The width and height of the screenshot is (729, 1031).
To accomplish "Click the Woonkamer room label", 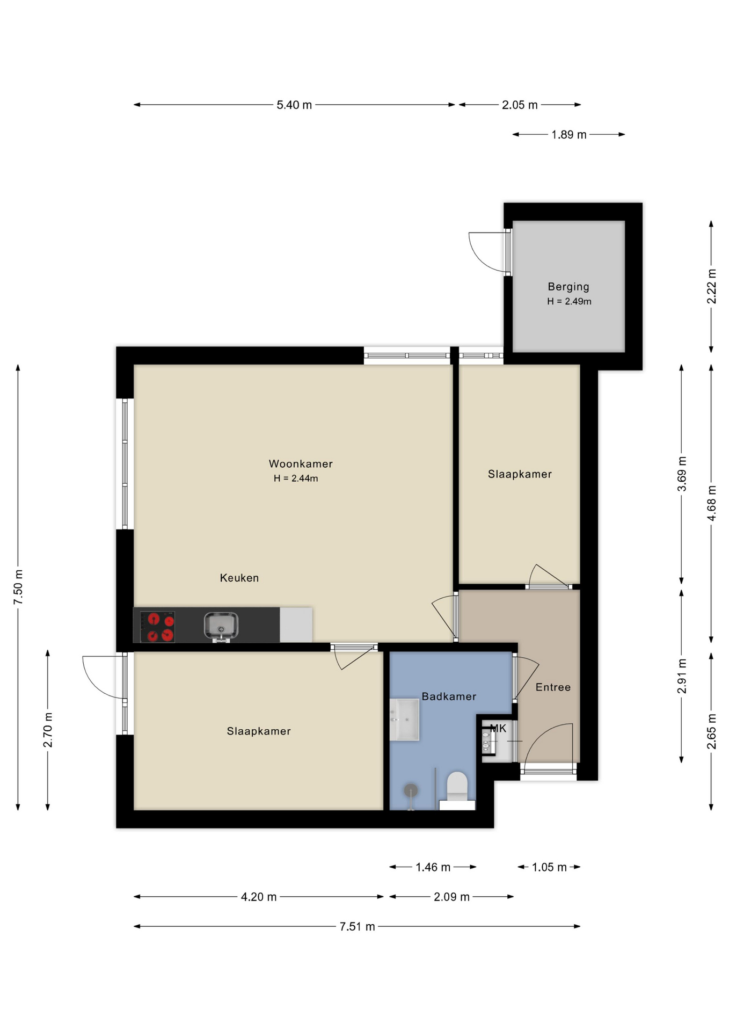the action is pyautogui.click(x=301, y=463).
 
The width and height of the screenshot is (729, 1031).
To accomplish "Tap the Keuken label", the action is pyautogui.click(x=239, y=578).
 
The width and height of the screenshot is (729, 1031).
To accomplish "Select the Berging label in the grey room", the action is pyautogui.click(x=568, y=287).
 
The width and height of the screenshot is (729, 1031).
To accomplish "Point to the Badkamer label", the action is pyautogui.click(x=449, y=696).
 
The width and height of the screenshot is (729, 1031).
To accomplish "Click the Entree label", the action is pyautogui.click(x=553, y=687).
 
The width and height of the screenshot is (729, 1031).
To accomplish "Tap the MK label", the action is pyautogui.click(x=498, y=729).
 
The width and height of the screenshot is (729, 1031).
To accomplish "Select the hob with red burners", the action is pyautogui.click(x=157, y=627).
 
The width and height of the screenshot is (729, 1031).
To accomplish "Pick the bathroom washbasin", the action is pyautogui.click(x=404, y=720).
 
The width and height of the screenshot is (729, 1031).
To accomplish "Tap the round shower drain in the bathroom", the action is pyautogui.click(x=411, y=790).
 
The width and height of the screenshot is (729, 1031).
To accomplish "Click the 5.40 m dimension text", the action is pyautogui.click(x=294, y=105).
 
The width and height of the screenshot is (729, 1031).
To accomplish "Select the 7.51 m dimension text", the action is pyautogui.click(x=357, y=926).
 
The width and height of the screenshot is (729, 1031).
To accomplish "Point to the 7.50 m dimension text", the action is pyautogui.click(x=18, y=586).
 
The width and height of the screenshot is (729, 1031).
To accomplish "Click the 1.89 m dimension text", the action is pyautogui.click(x=569, y=135).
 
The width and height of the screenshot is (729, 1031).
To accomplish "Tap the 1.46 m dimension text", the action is pyautogui.click(x=433, y=867).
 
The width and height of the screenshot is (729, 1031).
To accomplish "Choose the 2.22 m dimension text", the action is pyautogui.click(x=711, y=286).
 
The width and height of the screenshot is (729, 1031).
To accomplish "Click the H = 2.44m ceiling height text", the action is pyautogui.click(x=296, y=478).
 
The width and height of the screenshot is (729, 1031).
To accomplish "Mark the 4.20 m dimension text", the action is pyautogui.click(x=259, y=897).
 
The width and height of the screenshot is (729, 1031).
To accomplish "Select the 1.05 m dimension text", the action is pyautogui.click(x=549, y=867).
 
